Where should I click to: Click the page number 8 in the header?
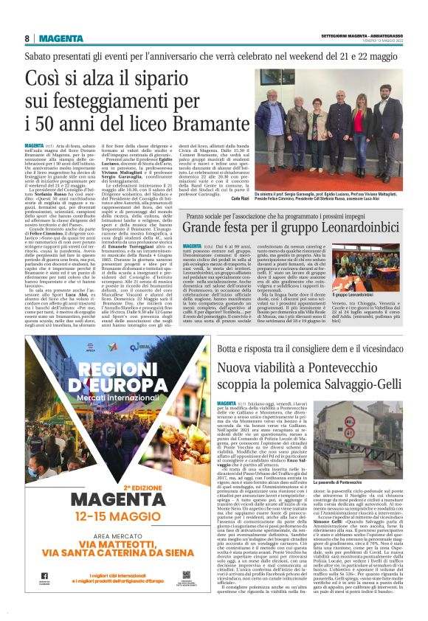(27, 38)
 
